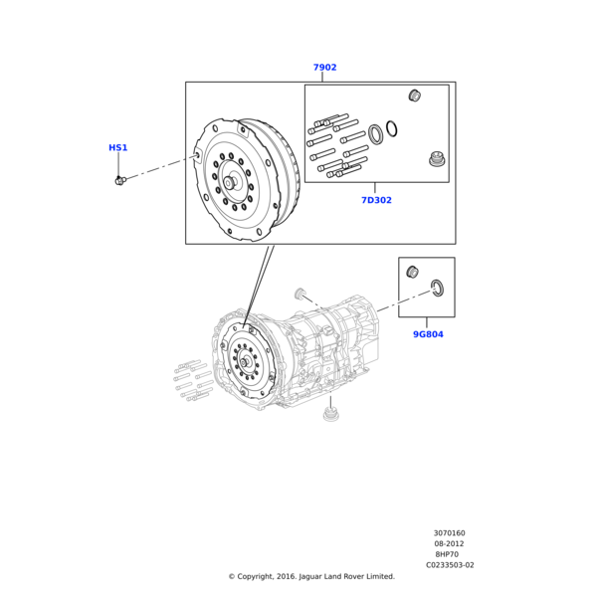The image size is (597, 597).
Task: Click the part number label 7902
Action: [324, 68]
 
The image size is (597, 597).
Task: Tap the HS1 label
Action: [118, 148]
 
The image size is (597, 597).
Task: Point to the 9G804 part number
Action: [428, 334]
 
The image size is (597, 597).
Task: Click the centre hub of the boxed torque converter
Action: [230, 182]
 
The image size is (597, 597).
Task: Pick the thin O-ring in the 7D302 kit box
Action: [392, 127]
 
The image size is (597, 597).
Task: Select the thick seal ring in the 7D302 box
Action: [376, 133]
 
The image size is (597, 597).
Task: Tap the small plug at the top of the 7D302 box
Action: [416, 96]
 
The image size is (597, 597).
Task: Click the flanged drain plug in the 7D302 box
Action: [435, 159]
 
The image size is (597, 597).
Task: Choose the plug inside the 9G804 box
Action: [413, 273]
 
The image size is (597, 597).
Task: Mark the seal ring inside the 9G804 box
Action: [436, 289]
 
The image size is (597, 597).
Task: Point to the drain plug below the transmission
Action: [331, 412]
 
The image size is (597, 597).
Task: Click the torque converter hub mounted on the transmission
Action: [244, 360]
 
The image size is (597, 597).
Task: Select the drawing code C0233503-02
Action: [450, 565]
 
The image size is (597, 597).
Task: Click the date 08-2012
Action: [449, 543]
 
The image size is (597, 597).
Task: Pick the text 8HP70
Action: [449, 554]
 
